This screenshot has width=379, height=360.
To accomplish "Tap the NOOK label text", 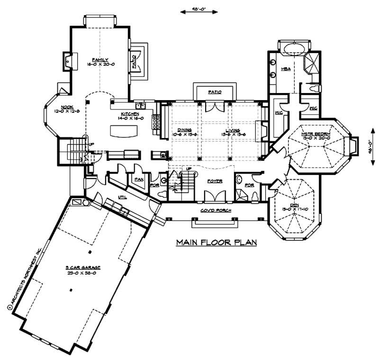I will (67, 107).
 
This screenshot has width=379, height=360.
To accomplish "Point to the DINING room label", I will (184, 129).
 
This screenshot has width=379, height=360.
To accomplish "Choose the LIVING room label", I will (232, 129).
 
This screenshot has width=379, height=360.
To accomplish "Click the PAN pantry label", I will (139, 179).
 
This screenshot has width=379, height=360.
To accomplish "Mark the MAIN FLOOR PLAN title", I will (217, 242).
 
